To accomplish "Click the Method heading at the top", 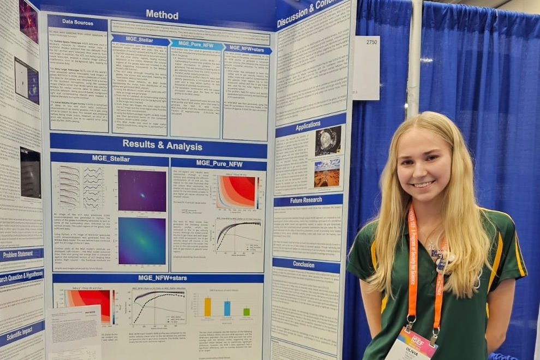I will [162, 15].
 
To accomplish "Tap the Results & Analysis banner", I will [162, 146].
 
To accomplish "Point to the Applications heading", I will [308, 127].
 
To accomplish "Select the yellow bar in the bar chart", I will [208, 307].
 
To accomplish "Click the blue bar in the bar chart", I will [227, 308].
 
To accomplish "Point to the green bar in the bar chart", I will [247, 311].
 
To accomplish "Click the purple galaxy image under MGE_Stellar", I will [142, 190].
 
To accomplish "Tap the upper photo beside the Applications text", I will [328, 141].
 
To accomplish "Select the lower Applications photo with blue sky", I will [327, 172].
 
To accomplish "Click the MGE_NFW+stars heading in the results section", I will [158, 278].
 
